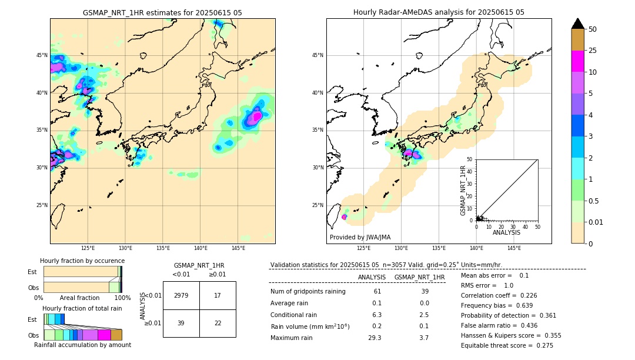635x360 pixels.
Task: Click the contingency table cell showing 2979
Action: click(181, 295)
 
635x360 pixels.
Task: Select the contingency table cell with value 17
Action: click(218, 295)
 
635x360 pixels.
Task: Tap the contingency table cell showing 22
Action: click(218, 323)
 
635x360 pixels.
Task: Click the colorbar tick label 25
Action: click(593, 51)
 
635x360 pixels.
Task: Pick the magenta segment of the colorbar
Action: click(578, 61)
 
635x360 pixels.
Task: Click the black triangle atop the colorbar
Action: click(578, 24)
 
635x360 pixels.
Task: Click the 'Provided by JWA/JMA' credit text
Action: click(360, 237)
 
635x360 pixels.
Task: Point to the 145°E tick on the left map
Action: click(238, 248)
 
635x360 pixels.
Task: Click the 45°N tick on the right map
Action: click(317, 55)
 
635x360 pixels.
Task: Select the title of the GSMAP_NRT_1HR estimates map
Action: click(162, 12)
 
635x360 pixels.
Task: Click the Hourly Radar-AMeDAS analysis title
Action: click(439, 12)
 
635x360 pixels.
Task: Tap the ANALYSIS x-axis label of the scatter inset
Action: click(507, 232)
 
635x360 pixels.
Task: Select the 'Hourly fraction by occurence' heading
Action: click(82, 261)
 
